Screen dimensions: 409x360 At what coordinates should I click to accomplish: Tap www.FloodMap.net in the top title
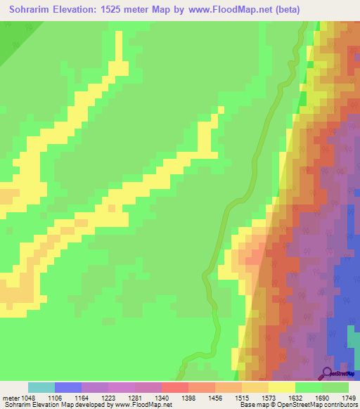(x=234, y=10)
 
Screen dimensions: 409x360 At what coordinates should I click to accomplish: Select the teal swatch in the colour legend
(x=41, y=387)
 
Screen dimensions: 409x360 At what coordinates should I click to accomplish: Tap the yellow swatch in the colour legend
(x=281, y=387)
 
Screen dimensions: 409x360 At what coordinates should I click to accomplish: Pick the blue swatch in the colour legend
(x=67, y=387)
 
